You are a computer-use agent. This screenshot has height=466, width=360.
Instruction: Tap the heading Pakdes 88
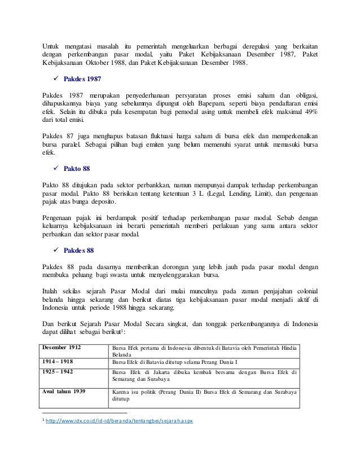[x=78, y=249]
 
